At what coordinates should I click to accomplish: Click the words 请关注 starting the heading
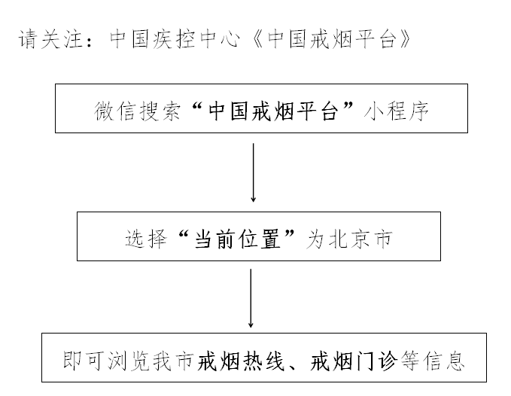coord(50,39)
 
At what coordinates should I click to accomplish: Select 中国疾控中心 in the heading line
coord(175,39)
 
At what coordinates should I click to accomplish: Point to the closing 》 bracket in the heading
coord(405,39)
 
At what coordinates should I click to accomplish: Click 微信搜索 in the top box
coord(138,111)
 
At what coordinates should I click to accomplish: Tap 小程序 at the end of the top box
coord(396,111)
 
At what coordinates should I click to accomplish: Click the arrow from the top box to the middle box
coord(253,172)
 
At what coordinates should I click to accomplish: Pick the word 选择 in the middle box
coord(146,239)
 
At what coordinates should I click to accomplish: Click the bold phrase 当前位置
coord(238,239)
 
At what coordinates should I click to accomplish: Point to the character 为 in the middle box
coord(315,239)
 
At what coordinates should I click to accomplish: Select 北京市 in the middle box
coord(360,239)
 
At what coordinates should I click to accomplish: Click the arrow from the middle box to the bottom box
coord(251,298)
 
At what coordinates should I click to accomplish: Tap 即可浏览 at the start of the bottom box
coord(106,361)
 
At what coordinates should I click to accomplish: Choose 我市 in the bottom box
coord(173,361)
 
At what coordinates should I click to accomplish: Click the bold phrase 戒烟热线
coord(241,361)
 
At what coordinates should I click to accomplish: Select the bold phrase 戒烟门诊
coord(354,361)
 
